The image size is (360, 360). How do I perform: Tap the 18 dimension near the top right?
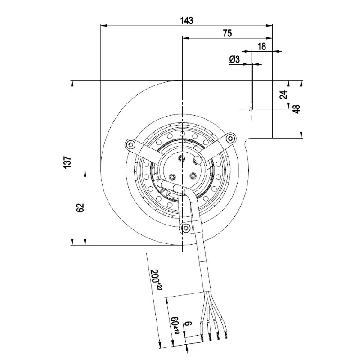pyautogui.click(x=262, y=46)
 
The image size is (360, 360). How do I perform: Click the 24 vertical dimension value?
pyautogui.click(x=283, y=94)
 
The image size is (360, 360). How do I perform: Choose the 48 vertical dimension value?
pyautogui.click(x=297, y=109)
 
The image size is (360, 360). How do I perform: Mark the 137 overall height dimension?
pyautogui.click(x=67, y=162)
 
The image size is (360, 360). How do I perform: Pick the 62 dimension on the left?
pyautogui.click(x=80, y=208)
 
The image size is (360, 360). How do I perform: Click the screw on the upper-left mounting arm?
pyautogui.click(x=130, y=144)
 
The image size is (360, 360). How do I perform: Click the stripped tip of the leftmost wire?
pyautogui.click(x=202, y=337)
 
